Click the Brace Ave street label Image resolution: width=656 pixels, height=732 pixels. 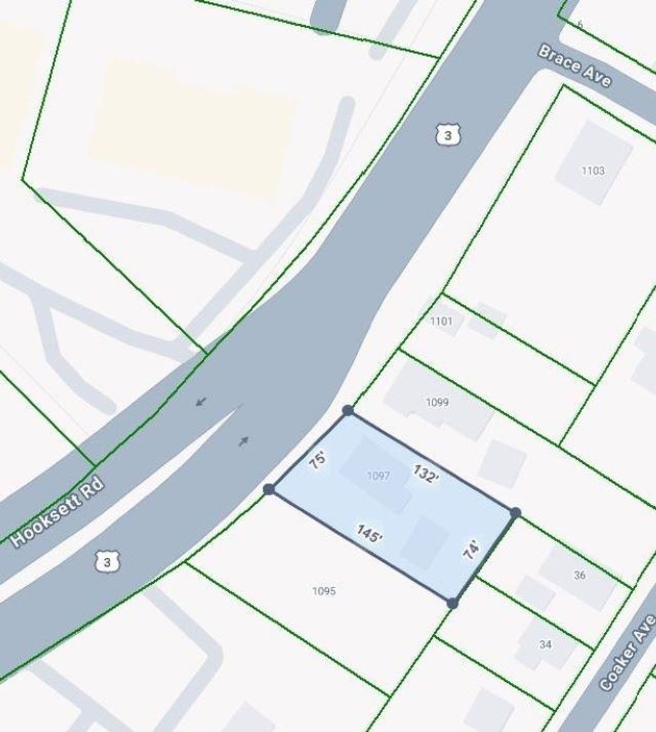[575, 67]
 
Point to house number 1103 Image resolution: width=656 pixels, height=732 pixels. [593, 171]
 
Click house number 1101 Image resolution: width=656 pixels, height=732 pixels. [441, 321]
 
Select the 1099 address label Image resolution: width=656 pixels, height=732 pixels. [437, 402]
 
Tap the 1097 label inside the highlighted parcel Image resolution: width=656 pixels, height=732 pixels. [378, 475]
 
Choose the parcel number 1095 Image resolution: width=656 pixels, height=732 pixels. [324, 591]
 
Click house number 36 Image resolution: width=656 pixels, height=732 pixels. [580, 575]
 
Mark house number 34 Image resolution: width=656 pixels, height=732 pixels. [545, 644]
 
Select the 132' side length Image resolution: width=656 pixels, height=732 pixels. [425, 474]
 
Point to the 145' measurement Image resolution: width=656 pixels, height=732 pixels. [369, 534]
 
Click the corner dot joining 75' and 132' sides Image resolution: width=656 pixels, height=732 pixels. [348, 410]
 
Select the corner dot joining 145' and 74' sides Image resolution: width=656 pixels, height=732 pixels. [452, 603]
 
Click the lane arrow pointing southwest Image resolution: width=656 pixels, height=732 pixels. [201, 402]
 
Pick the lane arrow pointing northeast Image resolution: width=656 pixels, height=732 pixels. [244, 440]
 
